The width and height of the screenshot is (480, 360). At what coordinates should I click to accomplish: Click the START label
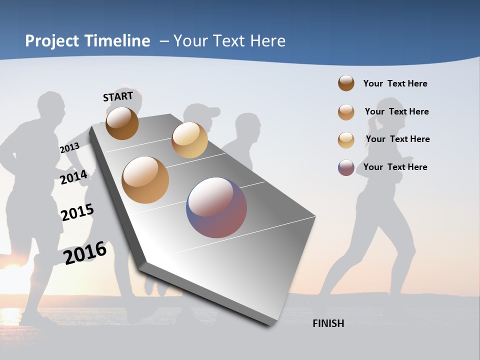(x=118, y=96)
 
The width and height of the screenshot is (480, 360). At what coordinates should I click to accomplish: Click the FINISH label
(x=328, y=323)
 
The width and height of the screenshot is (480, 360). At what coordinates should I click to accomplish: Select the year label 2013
(x=69, y=148)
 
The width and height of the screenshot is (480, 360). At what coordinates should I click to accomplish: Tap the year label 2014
(x=73, y=177)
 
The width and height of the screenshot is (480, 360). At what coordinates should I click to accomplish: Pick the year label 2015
(x=77, y=212)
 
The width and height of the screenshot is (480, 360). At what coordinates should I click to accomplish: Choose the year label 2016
(x=85, y=252)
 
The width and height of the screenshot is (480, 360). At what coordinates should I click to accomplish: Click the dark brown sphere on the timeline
(x=122, y=123)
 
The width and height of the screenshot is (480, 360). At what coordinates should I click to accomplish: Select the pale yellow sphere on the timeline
(x=189, y=140)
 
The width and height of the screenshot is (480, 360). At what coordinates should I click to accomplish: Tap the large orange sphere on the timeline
(x=145, y=180)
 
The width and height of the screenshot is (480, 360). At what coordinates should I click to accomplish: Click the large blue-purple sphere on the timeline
(x=216, y=207)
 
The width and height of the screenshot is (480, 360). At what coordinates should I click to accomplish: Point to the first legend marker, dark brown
(x=346, y=83)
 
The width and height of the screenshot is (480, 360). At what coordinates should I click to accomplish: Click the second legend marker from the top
(x=346, y=112)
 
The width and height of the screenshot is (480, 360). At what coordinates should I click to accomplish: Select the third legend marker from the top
(x=346, y=140)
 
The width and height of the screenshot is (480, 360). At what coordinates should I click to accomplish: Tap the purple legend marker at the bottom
(x=346, y=167)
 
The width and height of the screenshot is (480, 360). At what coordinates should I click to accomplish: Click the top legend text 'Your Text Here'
(x=395, y=83)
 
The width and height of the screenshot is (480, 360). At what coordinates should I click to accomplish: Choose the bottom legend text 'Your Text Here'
(x=395, y=167)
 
